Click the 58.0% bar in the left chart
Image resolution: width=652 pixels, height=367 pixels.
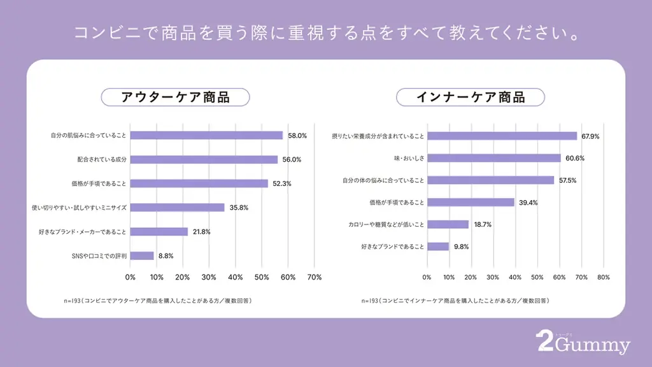tap(206, 135)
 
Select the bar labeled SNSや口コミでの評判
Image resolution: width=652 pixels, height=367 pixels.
tap(142, 255)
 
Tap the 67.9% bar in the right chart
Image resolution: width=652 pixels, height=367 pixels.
tap(502, 136)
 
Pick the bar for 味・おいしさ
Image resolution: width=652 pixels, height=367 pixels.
tap(493, 158)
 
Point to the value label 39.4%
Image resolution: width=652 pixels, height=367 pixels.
tap(528, 203)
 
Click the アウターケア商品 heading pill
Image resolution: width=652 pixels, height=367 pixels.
tap(175, 97)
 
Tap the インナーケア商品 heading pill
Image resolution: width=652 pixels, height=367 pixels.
tap(470, 97)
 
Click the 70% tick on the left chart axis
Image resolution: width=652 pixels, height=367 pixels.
tap(314, 277)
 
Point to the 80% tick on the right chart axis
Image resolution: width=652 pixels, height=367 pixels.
tap(604, 277)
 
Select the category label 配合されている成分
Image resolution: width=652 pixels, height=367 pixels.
tap(102, 159)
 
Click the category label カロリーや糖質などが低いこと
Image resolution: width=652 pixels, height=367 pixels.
tap(386, 225)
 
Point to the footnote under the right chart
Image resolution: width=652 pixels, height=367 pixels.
tap(455, 300)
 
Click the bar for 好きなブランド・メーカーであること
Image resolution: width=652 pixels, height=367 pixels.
tap(159, 231)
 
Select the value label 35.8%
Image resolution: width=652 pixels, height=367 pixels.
tap(239, 208)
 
